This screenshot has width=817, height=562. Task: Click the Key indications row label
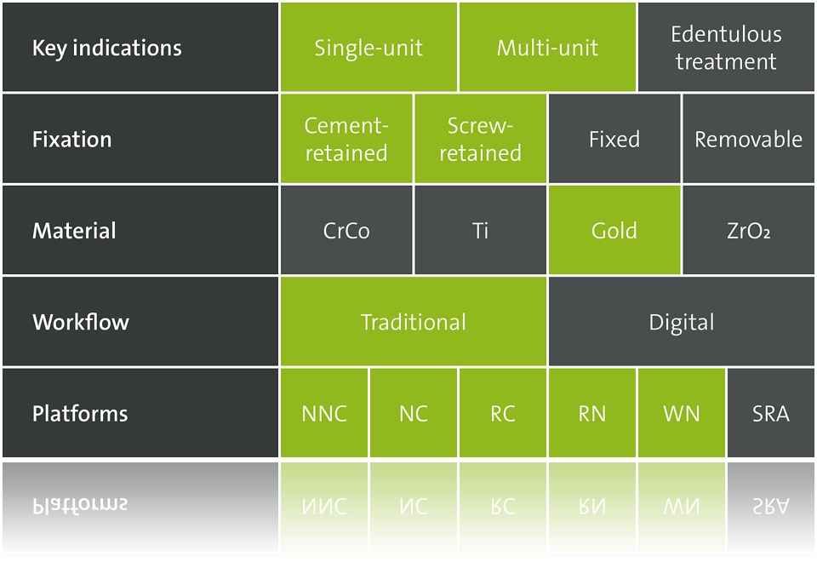click(x=107, y=48)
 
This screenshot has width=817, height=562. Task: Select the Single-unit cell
click(x=369, y=48)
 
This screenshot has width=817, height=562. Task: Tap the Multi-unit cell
click(x=547, y=48)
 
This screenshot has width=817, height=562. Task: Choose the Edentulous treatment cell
click(x=726, y=48)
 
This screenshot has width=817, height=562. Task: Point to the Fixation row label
click(x=71, y=139)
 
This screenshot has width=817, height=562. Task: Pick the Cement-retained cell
click(x=346, y=139)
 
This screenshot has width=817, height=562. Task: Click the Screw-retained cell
click(x=480, y=139)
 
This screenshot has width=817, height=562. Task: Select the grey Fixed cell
click(x=614, y=139)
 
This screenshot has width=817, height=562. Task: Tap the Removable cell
click(x=749, y=139)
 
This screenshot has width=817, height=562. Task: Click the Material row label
click(x=74, y=231)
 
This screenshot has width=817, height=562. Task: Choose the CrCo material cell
click(x=346, y=230)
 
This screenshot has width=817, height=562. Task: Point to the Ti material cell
click(x=480, y=230)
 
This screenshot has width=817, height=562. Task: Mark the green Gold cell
click(x=614, y=230)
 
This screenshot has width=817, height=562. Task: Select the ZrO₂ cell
click(x=749, y=230)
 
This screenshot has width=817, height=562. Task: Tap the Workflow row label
click(x=81, y=322)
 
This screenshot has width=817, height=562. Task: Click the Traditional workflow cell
click(x=414, y=321)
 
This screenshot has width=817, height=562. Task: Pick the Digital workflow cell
click(x=682, y=321)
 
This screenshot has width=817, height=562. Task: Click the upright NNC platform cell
click(x=324, y=413)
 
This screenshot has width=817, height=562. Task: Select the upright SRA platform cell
click(x=771, y=413)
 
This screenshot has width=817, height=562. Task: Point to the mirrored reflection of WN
click(x=682, y=506)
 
